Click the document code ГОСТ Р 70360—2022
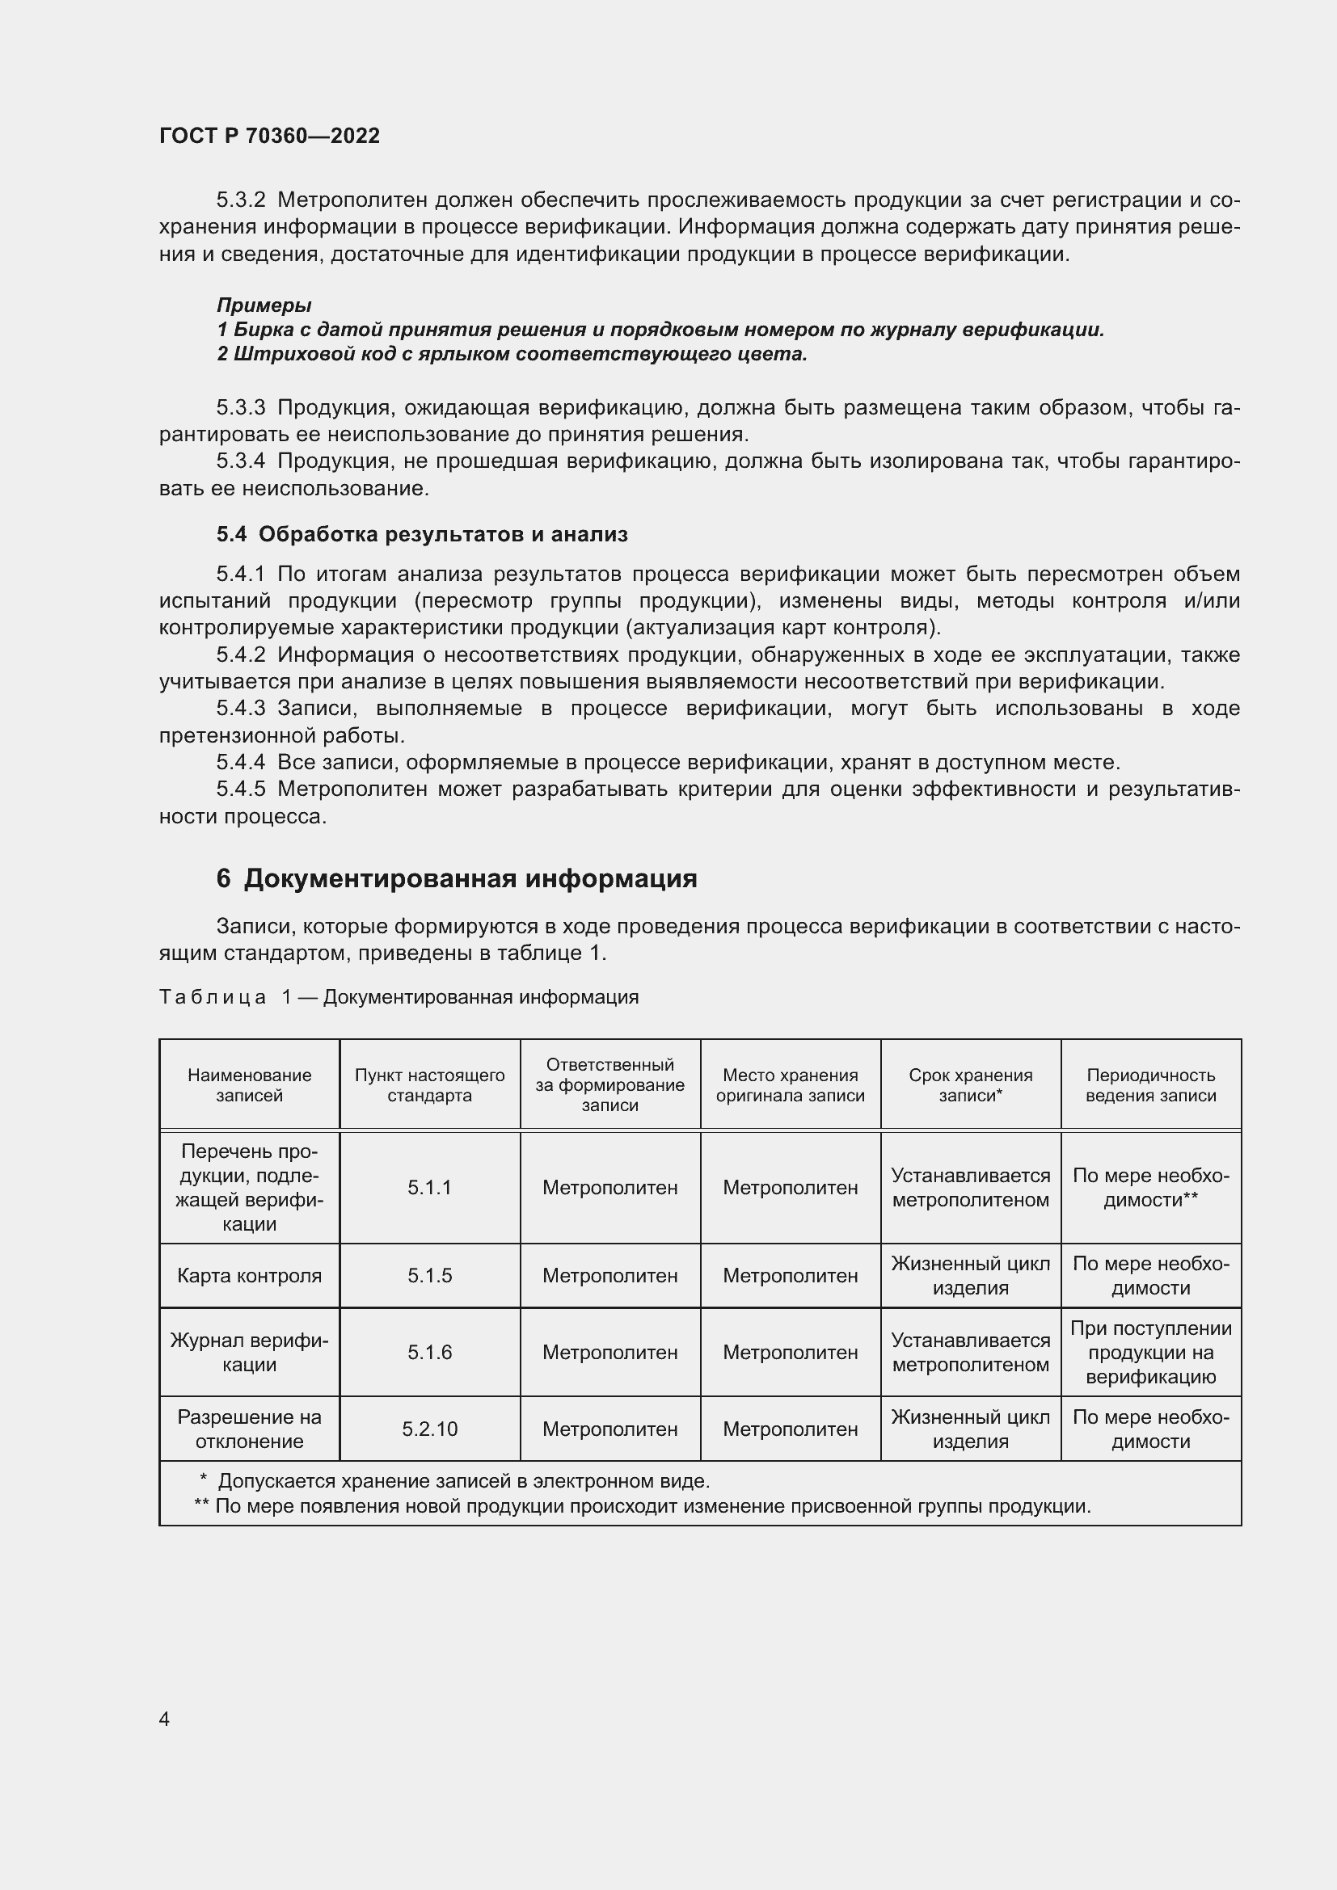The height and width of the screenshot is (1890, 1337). [x=269, y=136]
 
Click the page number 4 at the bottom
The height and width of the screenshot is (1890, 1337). [x=164, y=1719]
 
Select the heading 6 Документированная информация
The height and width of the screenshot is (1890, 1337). [x=456, y=878]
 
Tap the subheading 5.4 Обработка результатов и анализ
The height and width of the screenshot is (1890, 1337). [x=421, y=534]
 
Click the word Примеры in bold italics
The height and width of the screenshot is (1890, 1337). [x=264, y=305]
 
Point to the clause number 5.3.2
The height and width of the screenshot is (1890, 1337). [x=240, y=200]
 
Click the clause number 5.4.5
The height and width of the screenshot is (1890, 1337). [x=240, y=789]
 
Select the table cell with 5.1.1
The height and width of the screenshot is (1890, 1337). [x=429, y=1187]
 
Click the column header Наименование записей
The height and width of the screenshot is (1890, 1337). [x=250, y=1085]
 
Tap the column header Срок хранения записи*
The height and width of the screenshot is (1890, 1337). [x=970, y=1085]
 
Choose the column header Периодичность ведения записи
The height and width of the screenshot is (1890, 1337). [x=1150, y=1085]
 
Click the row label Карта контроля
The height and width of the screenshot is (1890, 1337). [x=250, y=1276]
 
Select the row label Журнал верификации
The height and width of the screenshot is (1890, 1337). [x=250, y=1353]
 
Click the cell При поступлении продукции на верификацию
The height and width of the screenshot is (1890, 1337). [x=1150, y=1353]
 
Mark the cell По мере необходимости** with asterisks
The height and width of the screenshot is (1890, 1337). [x=1150, y=1187]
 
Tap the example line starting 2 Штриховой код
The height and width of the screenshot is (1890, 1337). [x=512, y=354]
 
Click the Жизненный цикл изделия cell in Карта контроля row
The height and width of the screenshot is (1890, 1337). [x=970, y=1276]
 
